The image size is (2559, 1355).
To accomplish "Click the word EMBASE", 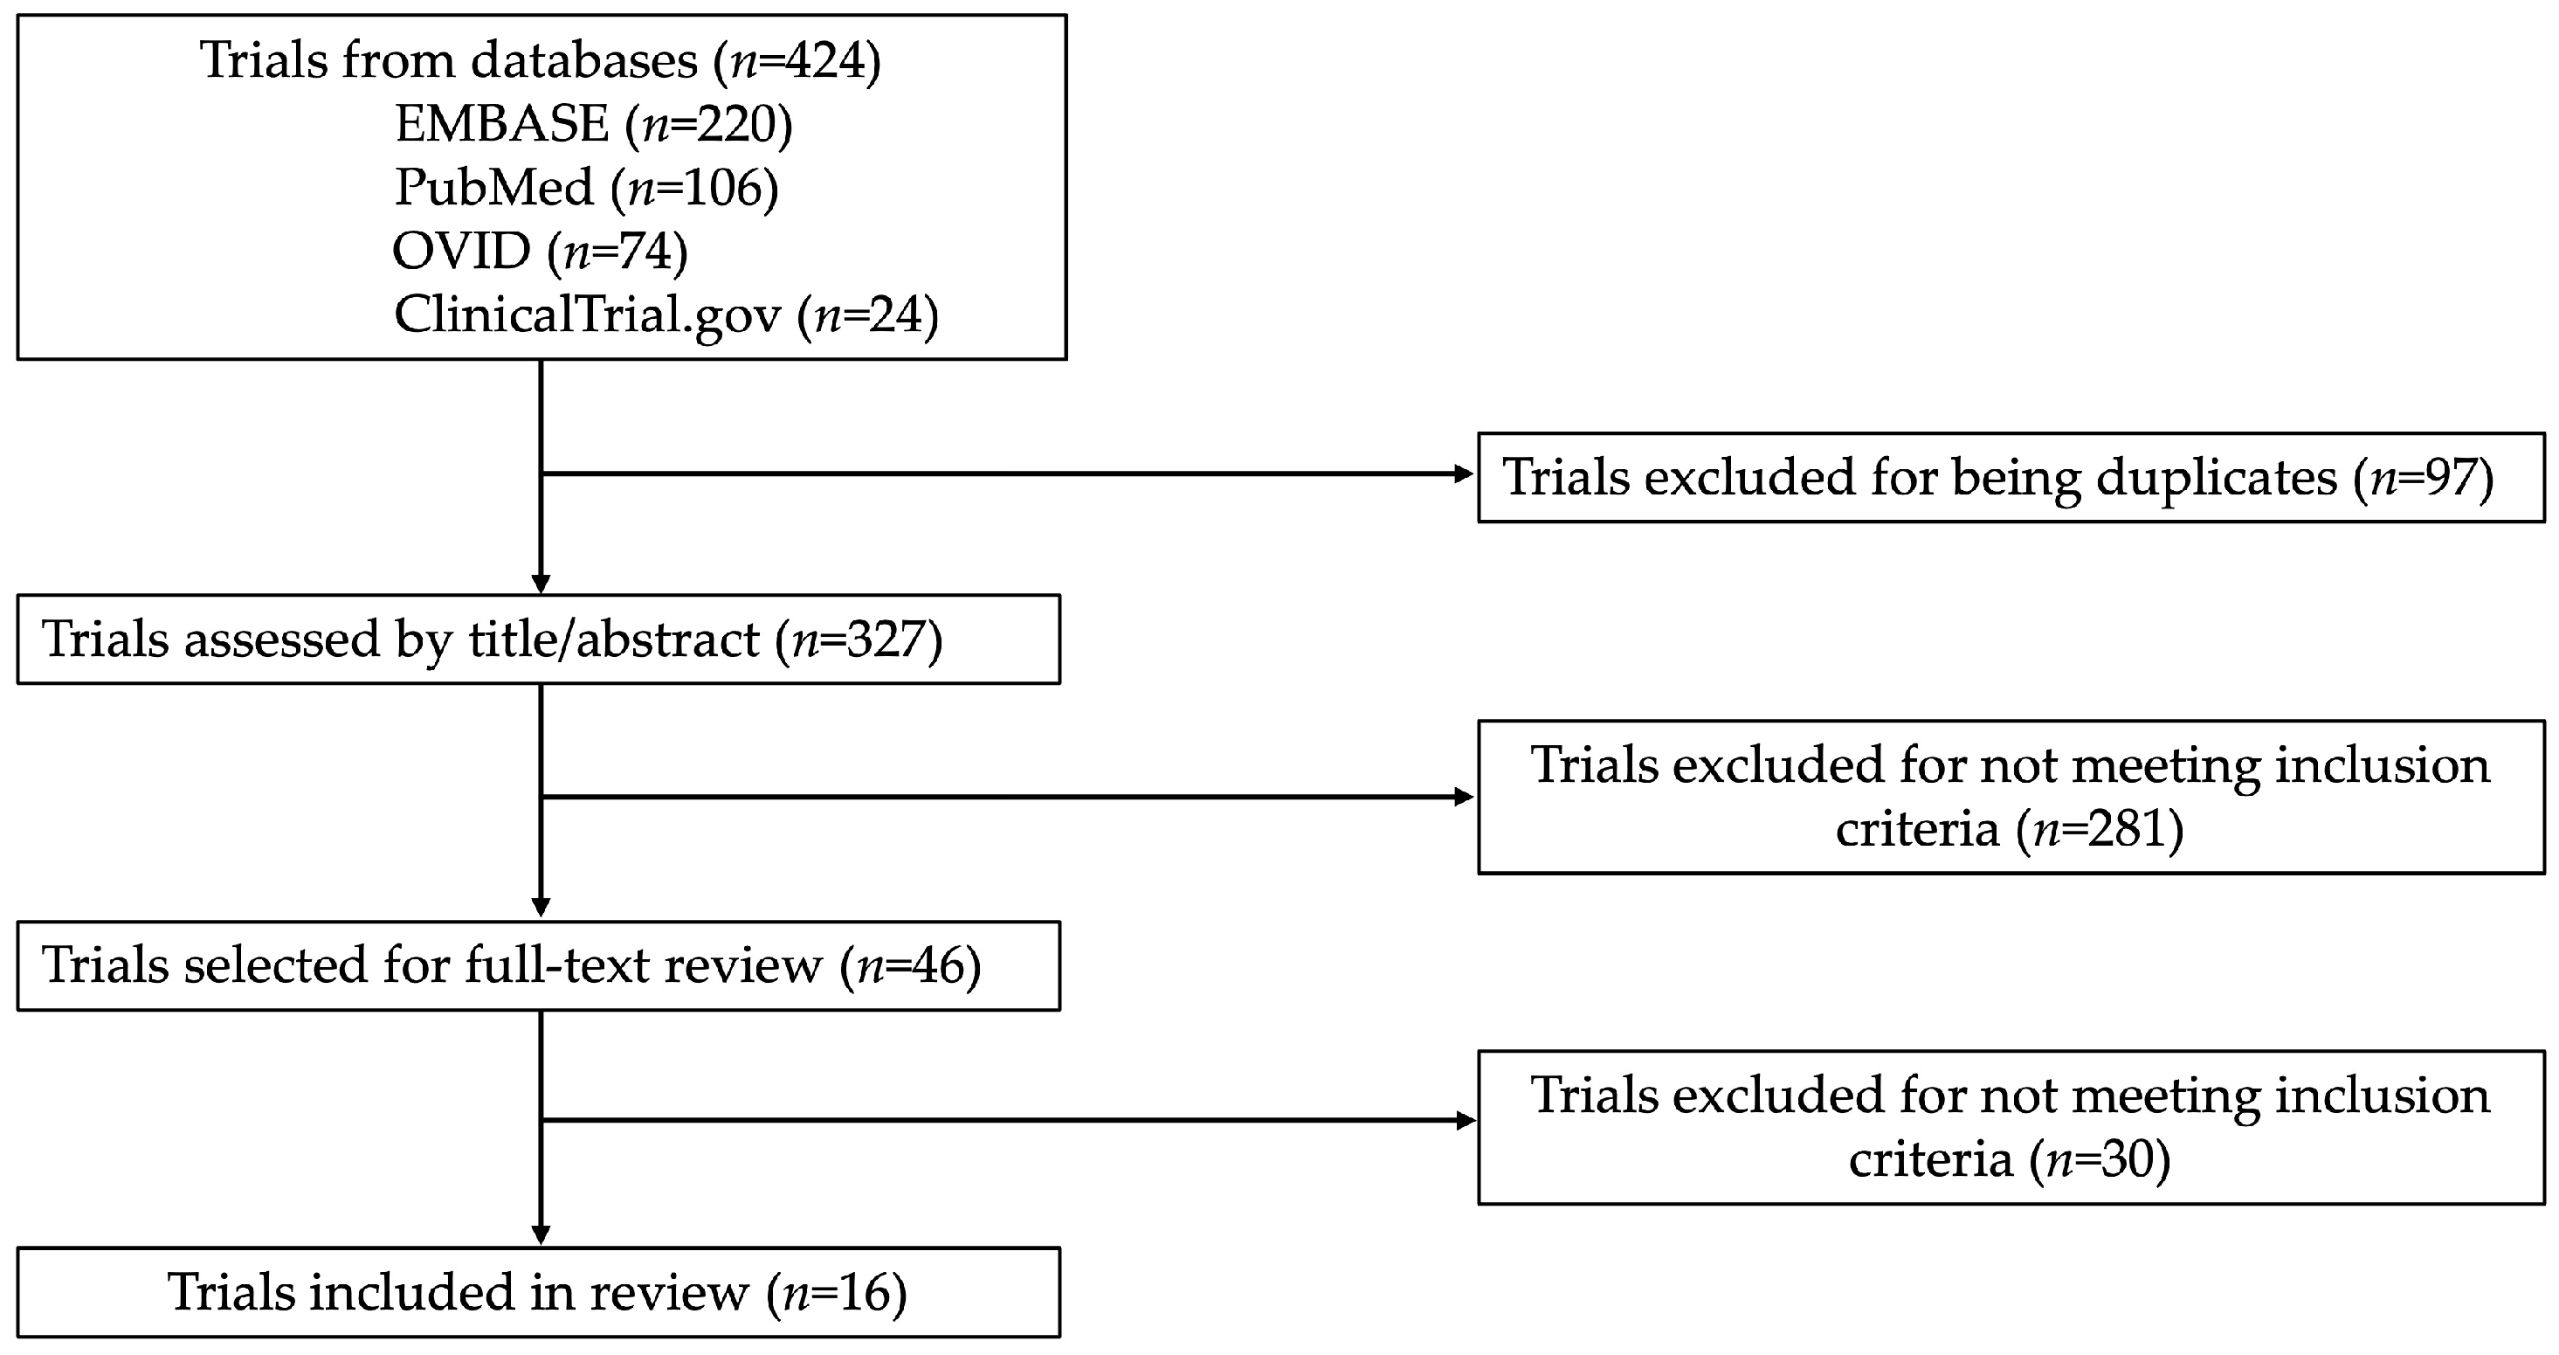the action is (501, 124).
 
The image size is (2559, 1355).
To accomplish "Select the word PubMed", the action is (493, 187).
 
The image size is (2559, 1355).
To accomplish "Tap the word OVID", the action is (461, 251).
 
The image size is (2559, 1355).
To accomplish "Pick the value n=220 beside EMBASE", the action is (710, 124).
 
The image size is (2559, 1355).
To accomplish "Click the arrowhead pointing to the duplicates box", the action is (1465, 474).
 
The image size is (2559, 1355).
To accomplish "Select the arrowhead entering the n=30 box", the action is (1465, 1121).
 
